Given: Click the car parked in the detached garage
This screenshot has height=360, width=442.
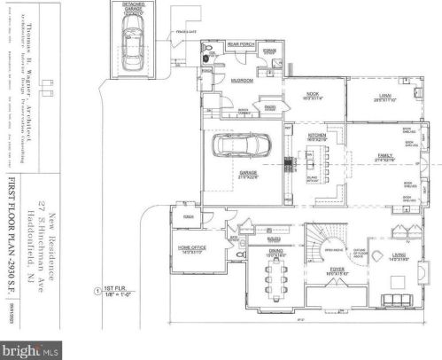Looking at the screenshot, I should point(133,51).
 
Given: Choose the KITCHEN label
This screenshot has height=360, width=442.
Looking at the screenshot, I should point(293,137).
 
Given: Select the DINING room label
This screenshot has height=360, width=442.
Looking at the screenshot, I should point(275,251).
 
